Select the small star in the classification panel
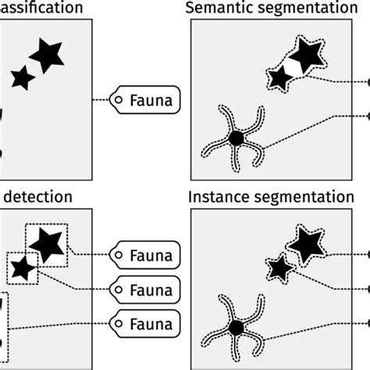click(x=23, y=77)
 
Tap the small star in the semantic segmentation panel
click(x=279, y=78)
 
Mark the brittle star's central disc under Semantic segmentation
click(x=236, y=138)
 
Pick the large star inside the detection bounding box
click(x=48, y=244)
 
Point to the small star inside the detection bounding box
click(x=23, y=269)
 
